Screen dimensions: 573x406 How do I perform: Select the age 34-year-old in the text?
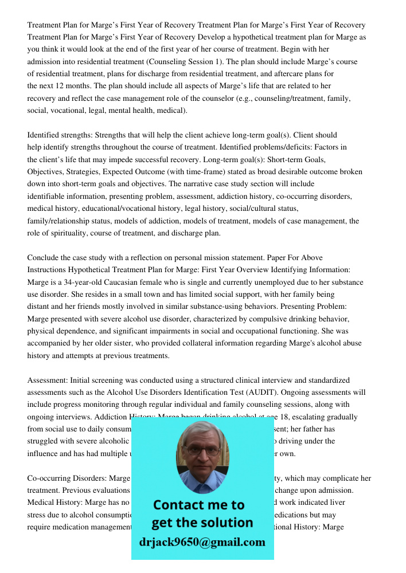[x=84, y=282]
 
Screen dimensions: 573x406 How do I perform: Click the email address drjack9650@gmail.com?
[x=202, y=542]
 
